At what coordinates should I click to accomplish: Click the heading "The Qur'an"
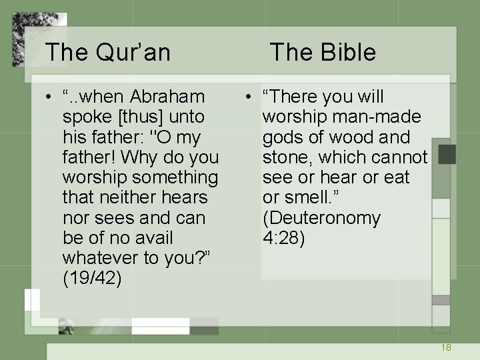tap(107, 52)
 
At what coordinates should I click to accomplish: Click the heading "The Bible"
tap(323, 52)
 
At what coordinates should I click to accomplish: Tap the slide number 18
tap(446, 347)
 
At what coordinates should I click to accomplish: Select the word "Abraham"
tap(167, 97)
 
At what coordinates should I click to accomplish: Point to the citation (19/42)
tap(92, 278)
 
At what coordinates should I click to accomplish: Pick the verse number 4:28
tap(283, 238)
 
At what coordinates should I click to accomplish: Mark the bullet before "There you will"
tap(247, 97)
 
